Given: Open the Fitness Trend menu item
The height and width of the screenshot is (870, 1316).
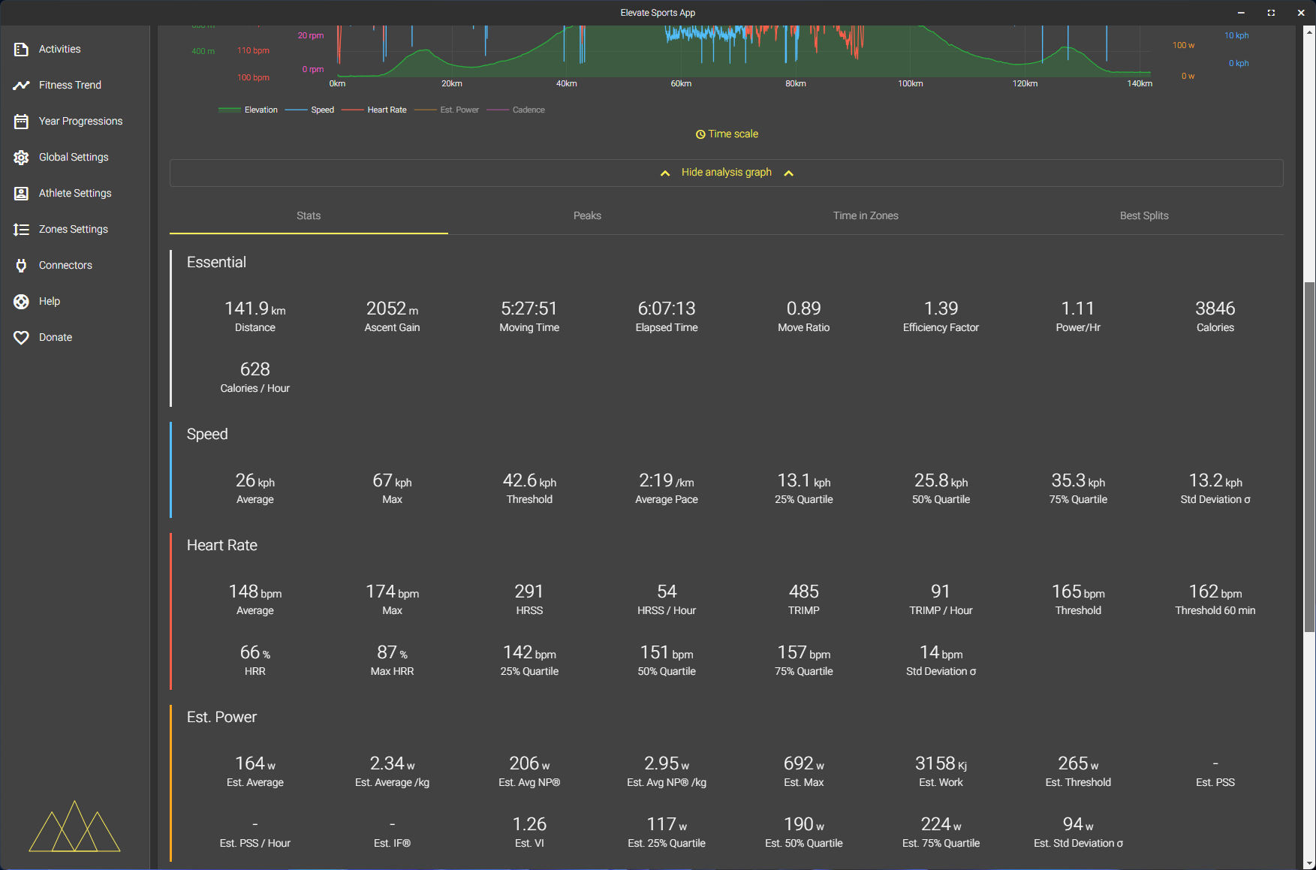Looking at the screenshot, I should (x=69, y=85).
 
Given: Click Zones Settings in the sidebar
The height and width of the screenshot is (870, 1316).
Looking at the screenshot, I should (x=73, y=229).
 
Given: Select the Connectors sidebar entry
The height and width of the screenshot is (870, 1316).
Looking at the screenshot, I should (x=65, y=265).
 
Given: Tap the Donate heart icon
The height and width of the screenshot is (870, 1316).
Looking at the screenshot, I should (x=21, y=338).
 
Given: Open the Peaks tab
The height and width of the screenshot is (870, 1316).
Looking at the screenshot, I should (x=587, y=215).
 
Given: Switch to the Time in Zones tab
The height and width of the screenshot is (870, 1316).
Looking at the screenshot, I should (x=865, y=215).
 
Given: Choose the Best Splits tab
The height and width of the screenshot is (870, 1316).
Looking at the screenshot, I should (x=1143, y=215).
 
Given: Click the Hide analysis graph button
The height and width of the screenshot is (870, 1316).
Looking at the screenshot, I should (x=726, y=173).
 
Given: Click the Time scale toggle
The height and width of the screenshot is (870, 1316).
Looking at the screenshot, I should (x=727, y=134).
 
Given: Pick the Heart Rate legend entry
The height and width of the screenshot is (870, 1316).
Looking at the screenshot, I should (x=387, y=110).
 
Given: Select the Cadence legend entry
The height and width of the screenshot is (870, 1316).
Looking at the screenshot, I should (x=529, y=110).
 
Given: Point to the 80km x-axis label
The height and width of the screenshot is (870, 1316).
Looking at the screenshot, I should (x=795, y=83).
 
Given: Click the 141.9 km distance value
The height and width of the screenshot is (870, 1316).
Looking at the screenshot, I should (x=254, y=309).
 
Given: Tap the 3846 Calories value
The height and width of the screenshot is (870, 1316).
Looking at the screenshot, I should (x=1215, y=309).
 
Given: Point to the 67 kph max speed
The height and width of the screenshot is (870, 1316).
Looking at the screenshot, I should (x=392, y=480).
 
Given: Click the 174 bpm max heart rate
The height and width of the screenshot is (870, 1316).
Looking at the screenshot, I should (x=392, y=592).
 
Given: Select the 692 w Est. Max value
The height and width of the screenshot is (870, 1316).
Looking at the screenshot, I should (x=803, y=763).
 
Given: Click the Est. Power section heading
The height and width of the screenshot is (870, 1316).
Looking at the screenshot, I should (x=221, y=717).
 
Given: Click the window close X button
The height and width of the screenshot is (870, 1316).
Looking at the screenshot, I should (x=1301, y=13).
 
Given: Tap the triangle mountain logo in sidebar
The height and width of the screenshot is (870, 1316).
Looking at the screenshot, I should (x=74, y=826).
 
